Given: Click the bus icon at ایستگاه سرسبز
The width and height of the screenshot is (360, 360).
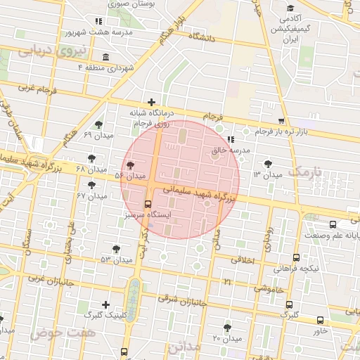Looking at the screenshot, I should tap(147, 204).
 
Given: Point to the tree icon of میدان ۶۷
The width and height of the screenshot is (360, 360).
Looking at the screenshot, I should tap(91, 185).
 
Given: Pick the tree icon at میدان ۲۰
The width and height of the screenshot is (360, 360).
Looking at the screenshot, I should tap(227, 328).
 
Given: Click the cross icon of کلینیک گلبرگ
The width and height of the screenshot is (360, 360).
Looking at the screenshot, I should tap(105, 304).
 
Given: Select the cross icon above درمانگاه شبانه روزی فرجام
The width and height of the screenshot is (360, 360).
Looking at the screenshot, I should tap(150, 102).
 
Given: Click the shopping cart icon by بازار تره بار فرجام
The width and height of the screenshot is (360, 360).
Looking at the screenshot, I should tap(282, 120).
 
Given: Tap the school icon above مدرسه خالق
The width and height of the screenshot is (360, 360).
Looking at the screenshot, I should tap(231, 139).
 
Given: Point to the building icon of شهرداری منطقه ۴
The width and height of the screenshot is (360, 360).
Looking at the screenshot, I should tap(105, 57).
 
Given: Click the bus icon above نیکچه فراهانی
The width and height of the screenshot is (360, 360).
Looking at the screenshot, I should tap(296, 258).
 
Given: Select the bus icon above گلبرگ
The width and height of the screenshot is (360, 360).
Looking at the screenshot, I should tap(290, 304).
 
